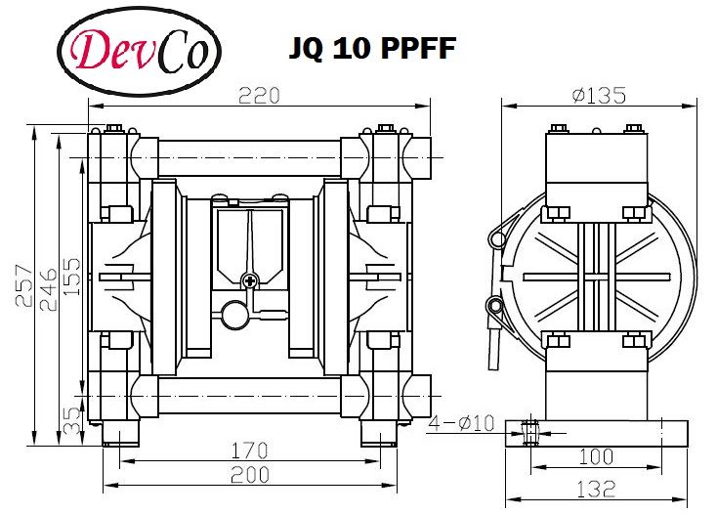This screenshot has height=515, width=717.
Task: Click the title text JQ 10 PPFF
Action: coord(373,49)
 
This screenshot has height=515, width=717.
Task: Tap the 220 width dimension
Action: coord(260,95)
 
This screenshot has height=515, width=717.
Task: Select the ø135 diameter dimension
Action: coord(599,95)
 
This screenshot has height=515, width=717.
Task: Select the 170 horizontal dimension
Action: coord(249,452)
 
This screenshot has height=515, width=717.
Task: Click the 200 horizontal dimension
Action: coord(250,477)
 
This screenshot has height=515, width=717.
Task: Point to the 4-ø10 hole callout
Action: coord(462,423)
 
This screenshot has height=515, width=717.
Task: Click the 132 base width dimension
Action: coord(596,488)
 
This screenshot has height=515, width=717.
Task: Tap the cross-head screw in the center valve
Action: coord(250,281)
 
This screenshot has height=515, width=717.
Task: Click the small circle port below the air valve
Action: coord(232,315)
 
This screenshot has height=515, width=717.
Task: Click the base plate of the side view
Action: coord(597,432)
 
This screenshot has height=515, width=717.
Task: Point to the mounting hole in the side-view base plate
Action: coord(531,431)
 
